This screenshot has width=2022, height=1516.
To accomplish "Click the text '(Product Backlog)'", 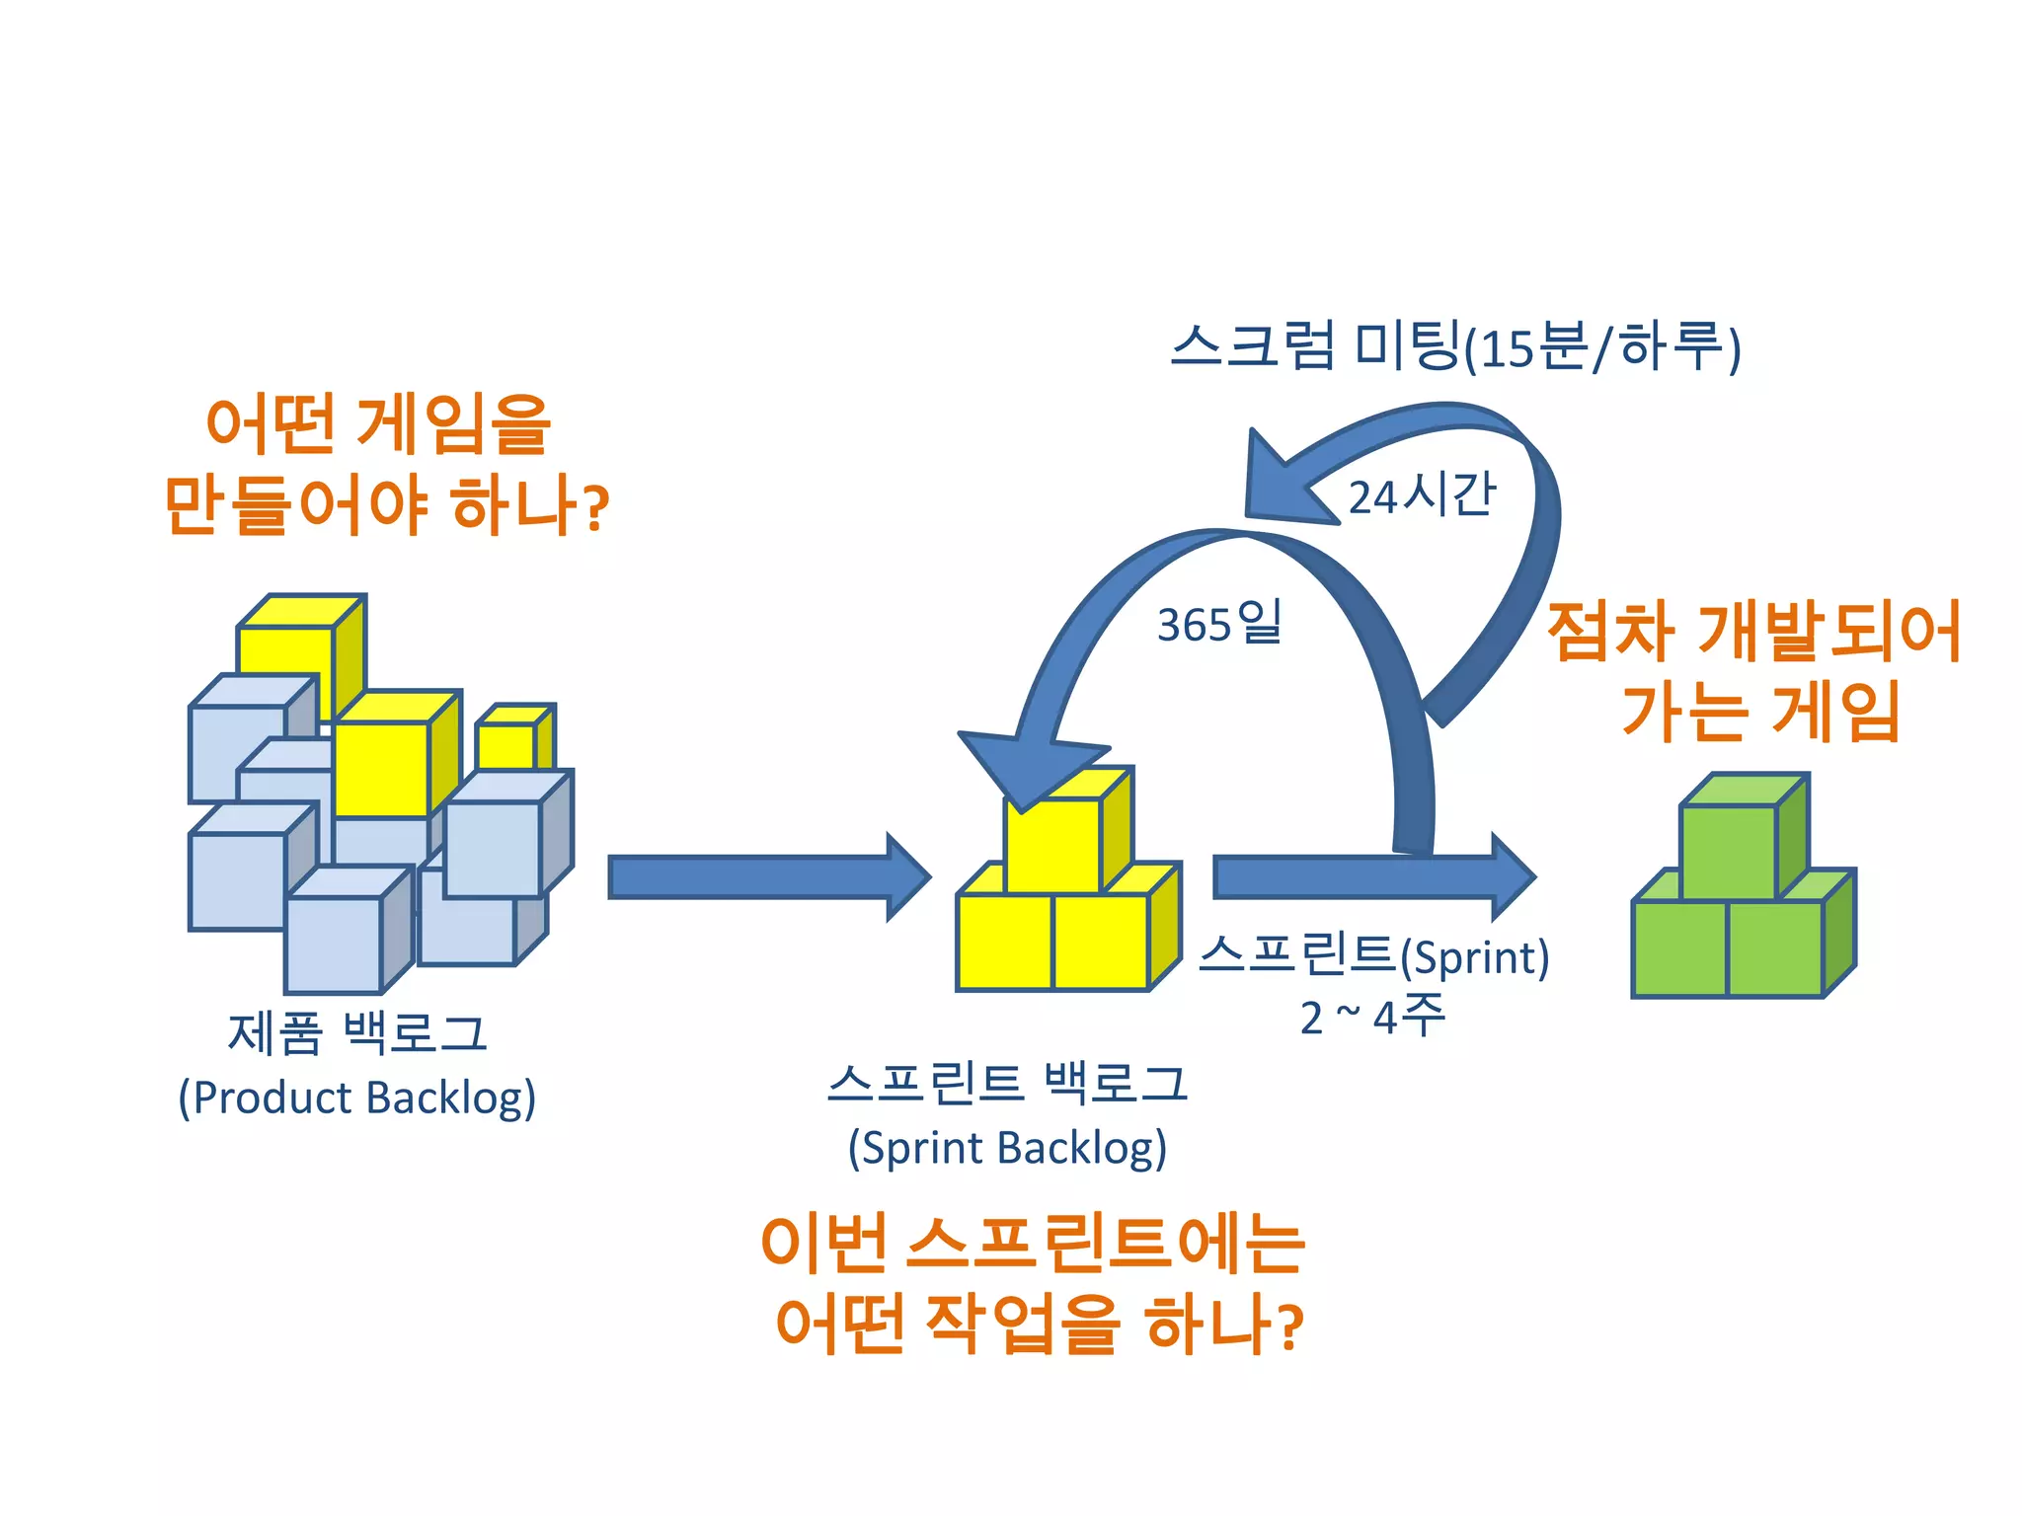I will pyautogui.click(x=356, y=1099).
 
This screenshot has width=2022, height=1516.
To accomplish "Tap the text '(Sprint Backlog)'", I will pyautogui.click(x=1007, y=1148).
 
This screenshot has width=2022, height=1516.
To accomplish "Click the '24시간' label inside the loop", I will pyautogui.click(x=1422, y=494).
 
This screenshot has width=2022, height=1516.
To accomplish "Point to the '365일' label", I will pyautogui.click(x=1219, y=624).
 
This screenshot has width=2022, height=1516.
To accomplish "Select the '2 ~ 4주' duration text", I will pyautogui.click(x=1372, y=1017).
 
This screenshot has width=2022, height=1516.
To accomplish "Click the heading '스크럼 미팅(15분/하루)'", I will pyautogui.click(x=1455, y=347).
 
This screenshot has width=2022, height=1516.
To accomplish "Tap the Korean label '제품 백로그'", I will pyautogui.click(x=357, y=1033).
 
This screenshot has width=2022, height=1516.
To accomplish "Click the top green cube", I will pyautogui.click(x=1729, y=851).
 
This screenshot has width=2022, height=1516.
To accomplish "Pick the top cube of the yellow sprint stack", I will pyautogui.click(x=1052, y=844).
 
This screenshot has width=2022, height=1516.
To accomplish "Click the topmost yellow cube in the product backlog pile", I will pyautogui.click(x=286, y=651).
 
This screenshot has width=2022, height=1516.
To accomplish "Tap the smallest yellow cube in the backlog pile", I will pyautogui.click(x=505, y=745).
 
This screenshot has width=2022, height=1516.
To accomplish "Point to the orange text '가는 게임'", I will pyautogui.click(x=1760, y=712).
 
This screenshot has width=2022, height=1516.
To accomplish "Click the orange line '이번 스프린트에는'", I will pyautogui.click(x=1033, y=1243).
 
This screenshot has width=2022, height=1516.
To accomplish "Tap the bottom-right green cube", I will pyautogui.click(x=1775, y=947).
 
